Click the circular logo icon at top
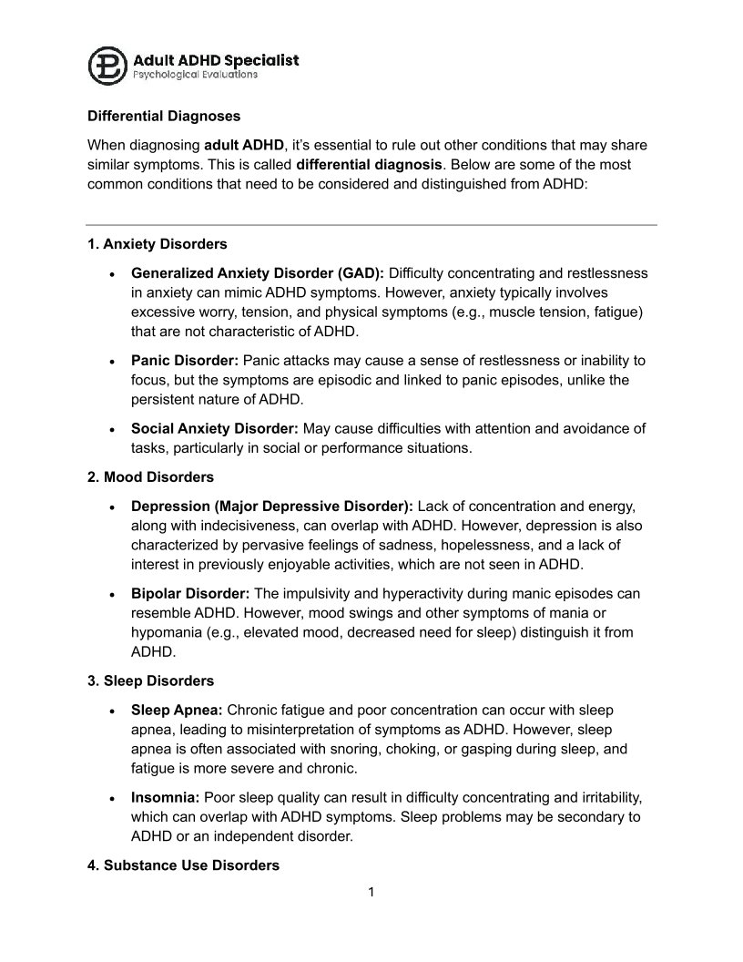coord(107,66)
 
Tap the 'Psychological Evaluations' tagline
coord(195,75)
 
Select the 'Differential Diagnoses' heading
coord(164,117)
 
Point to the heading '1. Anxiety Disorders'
coord(158,244)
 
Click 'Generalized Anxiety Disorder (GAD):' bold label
coord(258,273)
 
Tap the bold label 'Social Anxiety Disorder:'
coord(215,428)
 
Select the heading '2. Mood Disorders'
coord(149,477)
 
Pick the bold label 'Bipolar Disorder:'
coord(189,593)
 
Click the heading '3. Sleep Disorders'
coord(151,681)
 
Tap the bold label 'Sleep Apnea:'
coord(177,710)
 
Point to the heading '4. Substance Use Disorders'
coord(183,865)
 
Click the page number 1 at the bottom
coord(371,892)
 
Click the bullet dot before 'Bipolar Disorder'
coord(111,594)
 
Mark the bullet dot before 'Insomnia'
coord(111,798)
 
